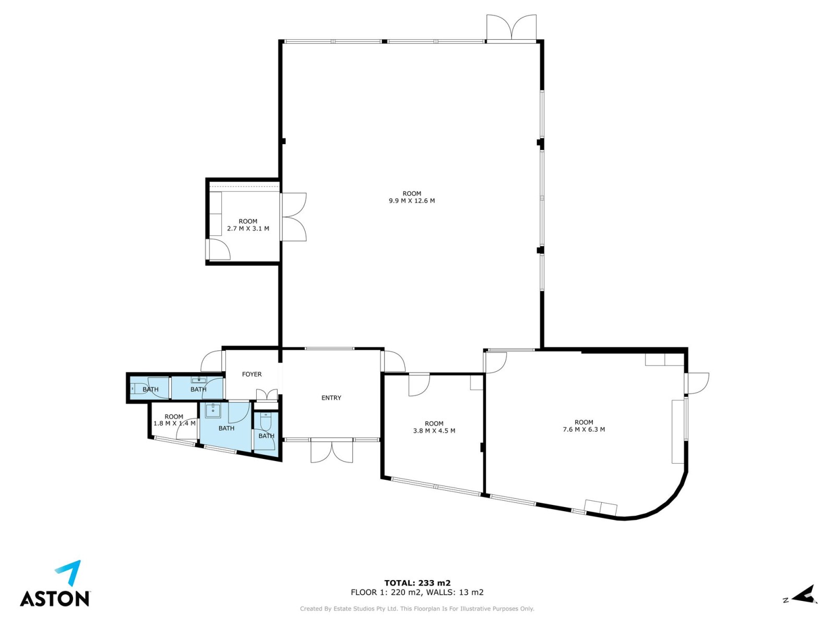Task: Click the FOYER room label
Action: coord(252,374)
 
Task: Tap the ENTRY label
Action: coord(331,398)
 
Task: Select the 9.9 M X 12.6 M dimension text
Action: coord(412,200)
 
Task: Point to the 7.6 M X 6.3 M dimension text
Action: coord(583,429)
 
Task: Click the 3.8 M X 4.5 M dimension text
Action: coord(434,431)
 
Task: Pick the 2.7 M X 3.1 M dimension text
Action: coord(248,228)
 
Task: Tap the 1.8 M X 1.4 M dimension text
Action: coord(174,423)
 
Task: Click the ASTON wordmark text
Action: coord(55,599)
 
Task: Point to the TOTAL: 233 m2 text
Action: coord(417,583)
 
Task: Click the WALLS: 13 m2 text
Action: coord(455,592)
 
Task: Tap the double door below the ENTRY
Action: coord(331,451)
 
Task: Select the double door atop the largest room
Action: coord(511,27)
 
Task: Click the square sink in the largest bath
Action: coord(213,410)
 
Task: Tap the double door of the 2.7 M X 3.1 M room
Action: coord(293,217)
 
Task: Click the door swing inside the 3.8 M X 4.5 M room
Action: coord(419,385)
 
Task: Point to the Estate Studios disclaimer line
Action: coord(417,608)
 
